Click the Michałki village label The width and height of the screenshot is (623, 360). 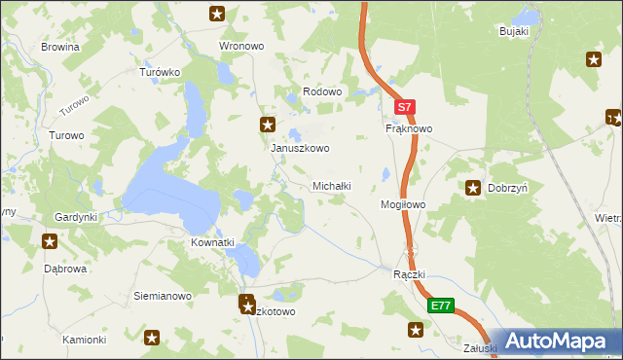tap(331, 185)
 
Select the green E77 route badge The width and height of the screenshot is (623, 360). tap(440, 306)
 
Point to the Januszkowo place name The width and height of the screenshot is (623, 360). tap(300, 149)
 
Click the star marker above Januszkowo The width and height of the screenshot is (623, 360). tap(268, 125)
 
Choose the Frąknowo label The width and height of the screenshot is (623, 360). tap(409, 128)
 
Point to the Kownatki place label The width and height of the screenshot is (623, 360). tap(214, 241)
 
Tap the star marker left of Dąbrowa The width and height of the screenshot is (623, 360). tap(50, 239)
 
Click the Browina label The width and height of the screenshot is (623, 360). tap(59, 46)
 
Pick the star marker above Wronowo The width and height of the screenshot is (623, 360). tap(218, 14)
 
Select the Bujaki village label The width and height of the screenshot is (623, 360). tap(513, 31)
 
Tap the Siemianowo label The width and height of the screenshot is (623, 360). tap(162, 295)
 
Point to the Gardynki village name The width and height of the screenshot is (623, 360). tap(76, 217)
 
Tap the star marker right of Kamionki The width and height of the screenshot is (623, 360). tap(152, 338)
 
